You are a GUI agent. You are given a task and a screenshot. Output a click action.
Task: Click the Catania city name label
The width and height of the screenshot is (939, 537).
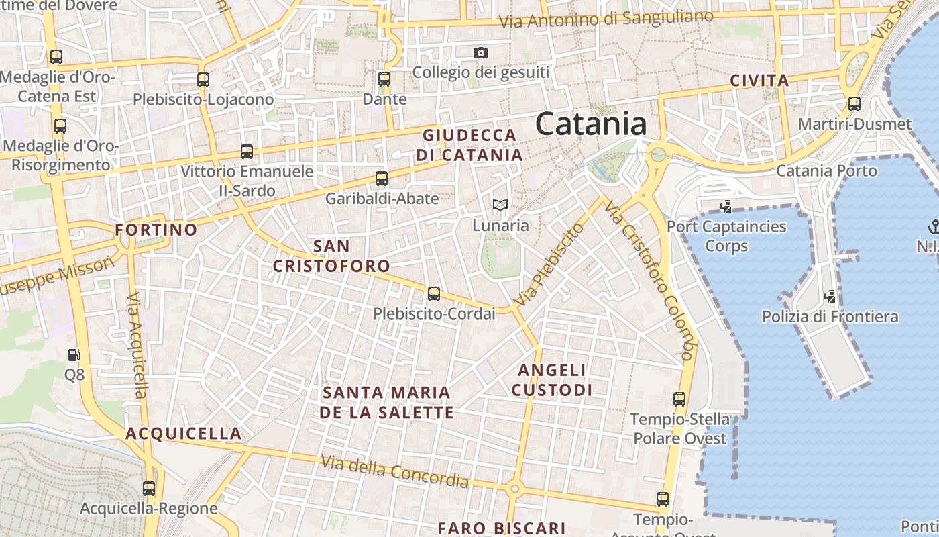591,124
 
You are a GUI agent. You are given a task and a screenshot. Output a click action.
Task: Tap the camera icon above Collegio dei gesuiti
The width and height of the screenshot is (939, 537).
481,52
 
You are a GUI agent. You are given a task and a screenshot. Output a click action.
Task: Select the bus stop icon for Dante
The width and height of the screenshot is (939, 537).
384,79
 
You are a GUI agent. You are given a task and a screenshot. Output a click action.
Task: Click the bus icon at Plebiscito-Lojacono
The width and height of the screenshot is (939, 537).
203,80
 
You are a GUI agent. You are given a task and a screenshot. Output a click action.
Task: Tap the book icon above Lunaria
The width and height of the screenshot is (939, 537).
500,205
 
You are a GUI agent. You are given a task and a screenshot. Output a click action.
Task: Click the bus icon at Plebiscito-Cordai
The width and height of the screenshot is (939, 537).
434,294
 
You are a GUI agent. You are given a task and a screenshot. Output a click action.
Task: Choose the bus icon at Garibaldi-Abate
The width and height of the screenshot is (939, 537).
382,179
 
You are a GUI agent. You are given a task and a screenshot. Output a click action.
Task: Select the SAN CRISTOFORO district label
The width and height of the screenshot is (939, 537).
331,256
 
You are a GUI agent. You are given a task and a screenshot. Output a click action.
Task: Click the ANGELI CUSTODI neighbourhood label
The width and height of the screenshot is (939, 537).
552,380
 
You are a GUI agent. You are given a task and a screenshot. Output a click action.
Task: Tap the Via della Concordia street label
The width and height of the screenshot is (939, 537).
394,471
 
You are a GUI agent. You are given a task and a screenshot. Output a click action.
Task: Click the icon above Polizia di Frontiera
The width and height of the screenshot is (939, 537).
830,296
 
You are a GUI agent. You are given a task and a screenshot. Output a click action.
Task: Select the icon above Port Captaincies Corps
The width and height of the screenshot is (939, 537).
725,206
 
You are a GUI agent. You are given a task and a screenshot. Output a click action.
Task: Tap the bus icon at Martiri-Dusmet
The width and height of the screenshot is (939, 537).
854,104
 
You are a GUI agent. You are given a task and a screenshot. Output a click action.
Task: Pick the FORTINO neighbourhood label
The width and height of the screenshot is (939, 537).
156,230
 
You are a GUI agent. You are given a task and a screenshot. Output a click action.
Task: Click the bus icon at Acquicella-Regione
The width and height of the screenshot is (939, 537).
149,489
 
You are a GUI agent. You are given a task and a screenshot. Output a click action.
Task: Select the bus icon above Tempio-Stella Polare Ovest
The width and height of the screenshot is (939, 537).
679,399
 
